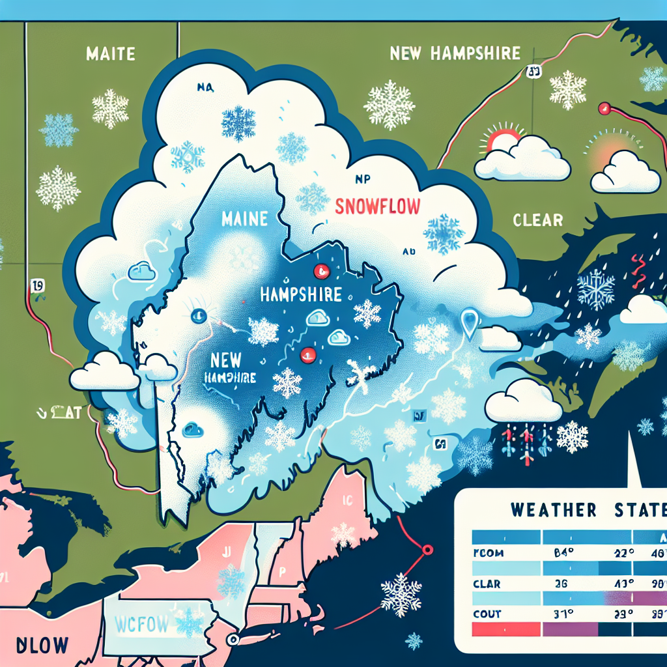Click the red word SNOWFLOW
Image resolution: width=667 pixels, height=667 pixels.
click(x=377, y=207)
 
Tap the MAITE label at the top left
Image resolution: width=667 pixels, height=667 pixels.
click(x=110, y=53)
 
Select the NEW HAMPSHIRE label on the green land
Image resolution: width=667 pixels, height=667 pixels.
click(x=455, y=53)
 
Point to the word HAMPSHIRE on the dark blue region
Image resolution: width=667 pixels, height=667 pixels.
click(x=300, y=294)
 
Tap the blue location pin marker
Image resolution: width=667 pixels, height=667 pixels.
click(x=469, y=320)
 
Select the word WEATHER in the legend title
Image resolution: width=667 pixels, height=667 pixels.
click(x=554, y=509)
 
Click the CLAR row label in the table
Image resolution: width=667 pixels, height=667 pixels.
click(x=488, y=584)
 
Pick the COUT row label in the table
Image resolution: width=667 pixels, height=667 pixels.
click(x=488, y=613)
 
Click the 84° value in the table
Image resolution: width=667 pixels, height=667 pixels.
click(x=563, y=555)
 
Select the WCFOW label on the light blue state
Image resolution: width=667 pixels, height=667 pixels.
click(x=141, y=625)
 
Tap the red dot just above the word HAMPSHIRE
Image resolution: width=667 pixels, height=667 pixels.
click(x=319, y=270)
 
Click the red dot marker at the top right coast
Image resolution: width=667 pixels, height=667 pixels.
click(x=604, y=108)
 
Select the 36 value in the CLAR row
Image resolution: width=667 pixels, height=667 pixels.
click(x=562, y=584)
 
